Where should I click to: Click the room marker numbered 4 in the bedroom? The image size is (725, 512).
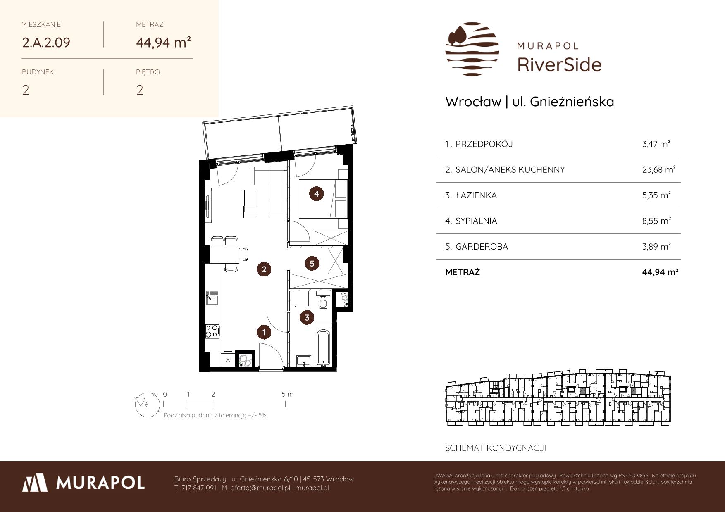click(317, 193)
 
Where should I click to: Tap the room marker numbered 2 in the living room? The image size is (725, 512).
click(264, 269)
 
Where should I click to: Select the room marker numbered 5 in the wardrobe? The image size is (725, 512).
click(312, 263)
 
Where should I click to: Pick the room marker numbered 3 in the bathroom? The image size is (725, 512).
click(307, 317)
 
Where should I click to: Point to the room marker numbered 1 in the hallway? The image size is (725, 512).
click(264, 331)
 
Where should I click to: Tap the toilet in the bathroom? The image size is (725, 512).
click(323, 301)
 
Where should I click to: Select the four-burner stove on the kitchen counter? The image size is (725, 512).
click(212, 331)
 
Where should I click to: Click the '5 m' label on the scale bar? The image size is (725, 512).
click(288, 394)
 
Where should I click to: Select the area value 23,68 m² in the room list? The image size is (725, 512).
click(659, 169)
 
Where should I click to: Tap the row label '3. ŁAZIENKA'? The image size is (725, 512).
click(471, 195)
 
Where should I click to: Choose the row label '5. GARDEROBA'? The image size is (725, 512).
click(477, 246)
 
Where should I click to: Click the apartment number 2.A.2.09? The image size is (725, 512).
click(46, 42)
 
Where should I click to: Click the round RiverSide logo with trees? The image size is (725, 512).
click(472, 49)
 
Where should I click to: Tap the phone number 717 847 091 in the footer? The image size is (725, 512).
click(198, 488)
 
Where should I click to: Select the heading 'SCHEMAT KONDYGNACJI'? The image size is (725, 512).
click(496, 448)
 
